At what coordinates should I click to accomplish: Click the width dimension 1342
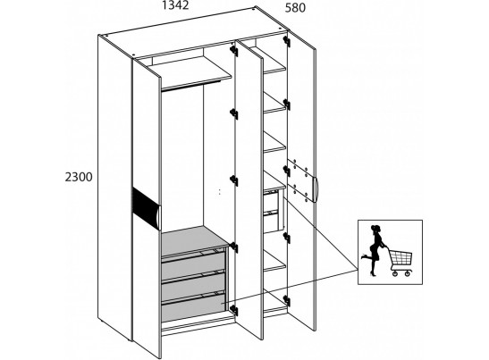pyautogui.click(x=175, y=5)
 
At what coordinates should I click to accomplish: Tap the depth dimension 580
pyautogui.click(x=295, y=8)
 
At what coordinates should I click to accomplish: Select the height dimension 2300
pyautogui.click(x=79, y=177)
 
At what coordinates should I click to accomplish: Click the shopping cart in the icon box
pyautogui.click(x=400, y=261)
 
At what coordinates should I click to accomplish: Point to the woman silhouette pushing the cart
pyautogui.click(x=375, y=250)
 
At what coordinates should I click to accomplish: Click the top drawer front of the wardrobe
pyautogui.click(x=193, y=264)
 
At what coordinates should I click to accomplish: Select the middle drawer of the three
pyautogui.click(x=193, y=284)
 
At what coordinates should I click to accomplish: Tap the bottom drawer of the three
pyautogui.click(x=193, y=306)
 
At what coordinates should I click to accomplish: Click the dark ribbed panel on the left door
pyautogui.click(x=146, y=208)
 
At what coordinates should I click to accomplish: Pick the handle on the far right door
pyautogui.click(x=316, y=189)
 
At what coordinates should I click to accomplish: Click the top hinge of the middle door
pyautogui.click(x=234, y=50)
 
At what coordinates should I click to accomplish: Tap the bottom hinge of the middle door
pyautogui.click(x=234, y=311)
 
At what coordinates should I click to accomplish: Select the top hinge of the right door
pyautogui.click(x=287, y=41)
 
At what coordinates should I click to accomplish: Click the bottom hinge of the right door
pyautogui.click(x=287, y=301)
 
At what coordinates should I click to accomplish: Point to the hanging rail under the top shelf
pyautogui.click(x=191, y=86)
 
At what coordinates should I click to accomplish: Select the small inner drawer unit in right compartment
pyautogui.click(x=274, y=212)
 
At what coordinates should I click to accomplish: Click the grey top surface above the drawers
pyautogui.click(x=194, y=240)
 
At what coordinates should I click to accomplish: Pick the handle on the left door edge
pyautogui.click(x=159, y=217)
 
